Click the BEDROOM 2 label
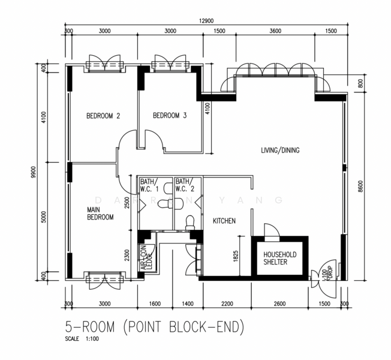[103, 116]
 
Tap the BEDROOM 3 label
[170, 116]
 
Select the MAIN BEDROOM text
[100, 214]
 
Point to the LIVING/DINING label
[280, 150]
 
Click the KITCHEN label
[224, 221]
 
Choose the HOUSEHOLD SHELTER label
[280, 258]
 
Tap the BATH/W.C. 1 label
[149, 185]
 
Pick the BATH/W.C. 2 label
[185, 185]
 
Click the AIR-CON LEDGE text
[146, 258]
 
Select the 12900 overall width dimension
[206, 21]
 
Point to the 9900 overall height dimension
[34, 172]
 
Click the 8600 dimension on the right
[360, 187]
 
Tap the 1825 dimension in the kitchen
[236, 256]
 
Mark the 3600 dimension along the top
[275, 31]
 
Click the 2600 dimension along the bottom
[279, 304]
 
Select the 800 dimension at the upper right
[360, 83]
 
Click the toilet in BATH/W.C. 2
[190, 223]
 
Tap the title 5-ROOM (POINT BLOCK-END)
[155, 327]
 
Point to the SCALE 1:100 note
[82, 339]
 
